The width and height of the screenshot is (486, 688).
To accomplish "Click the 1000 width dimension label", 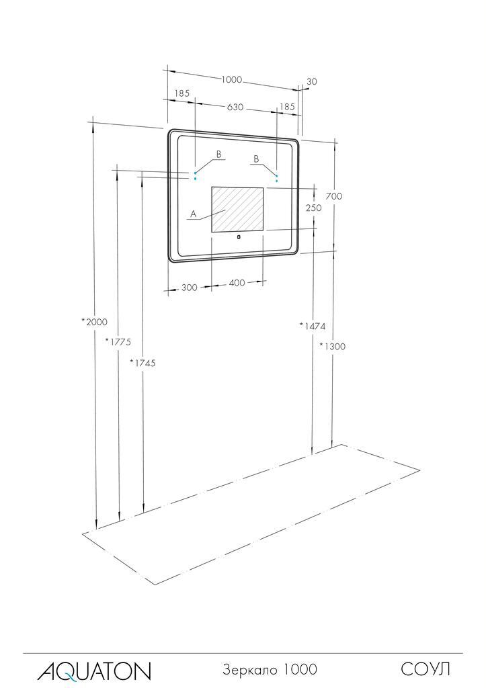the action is tap(231, 79).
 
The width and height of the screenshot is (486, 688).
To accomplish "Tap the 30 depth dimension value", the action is tap(312, 81).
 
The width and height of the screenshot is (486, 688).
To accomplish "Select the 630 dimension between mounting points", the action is tap(235, 107).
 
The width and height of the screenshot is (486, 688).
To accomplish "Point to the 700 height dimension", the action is tap(334, 196).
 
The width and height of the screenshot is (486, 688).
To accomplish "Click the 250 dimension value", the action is tap(313, 208).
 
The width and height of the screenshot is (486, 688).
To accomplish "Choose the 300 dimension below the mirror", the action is tap(189, 288).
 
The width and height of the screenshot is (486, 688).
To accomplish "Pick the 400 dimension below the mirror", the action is tap(237, 283).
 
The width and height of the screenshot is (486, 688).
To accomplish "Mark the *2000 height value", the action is tap(94, 322).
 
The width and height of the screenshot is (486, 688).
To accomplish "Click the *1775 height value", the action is tap(118, 342).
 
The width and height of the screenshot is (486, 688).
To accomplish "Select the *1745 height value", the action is tap(143, 363).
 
